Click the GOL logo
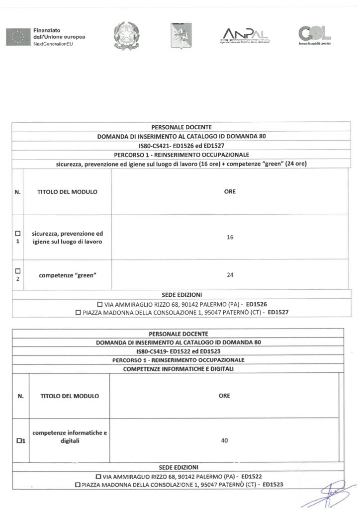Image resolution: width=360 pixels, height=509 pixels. tap(314, 35)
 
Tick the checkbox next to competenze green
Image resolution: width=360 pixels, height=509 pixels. tap(18, 271)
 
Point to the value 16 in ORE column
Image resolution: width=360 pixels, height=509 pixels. tap(230, 238)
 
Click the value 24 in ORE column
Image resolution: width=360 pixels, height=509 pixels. tap(230, 274)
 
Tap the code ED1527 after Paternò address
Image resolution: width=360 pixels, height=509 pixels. tap(278, 312)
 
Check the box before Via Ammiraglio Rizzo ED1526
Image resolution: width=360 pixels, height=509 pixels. tap(100, 304)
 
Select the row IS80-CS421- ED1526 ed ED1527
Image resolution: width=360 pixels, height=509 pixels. tap(180, 146)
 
